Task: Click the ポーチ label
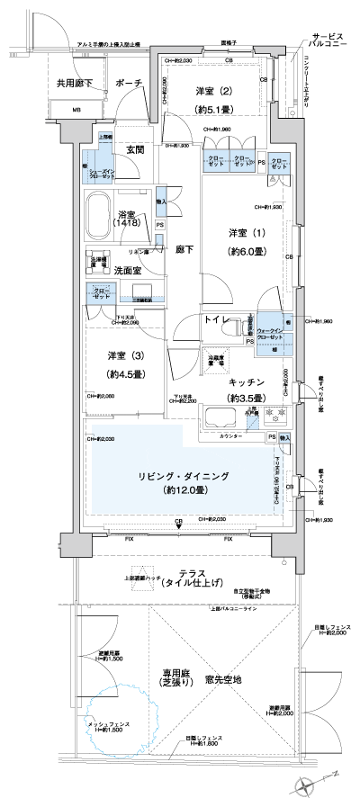(x=130, y=82)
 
